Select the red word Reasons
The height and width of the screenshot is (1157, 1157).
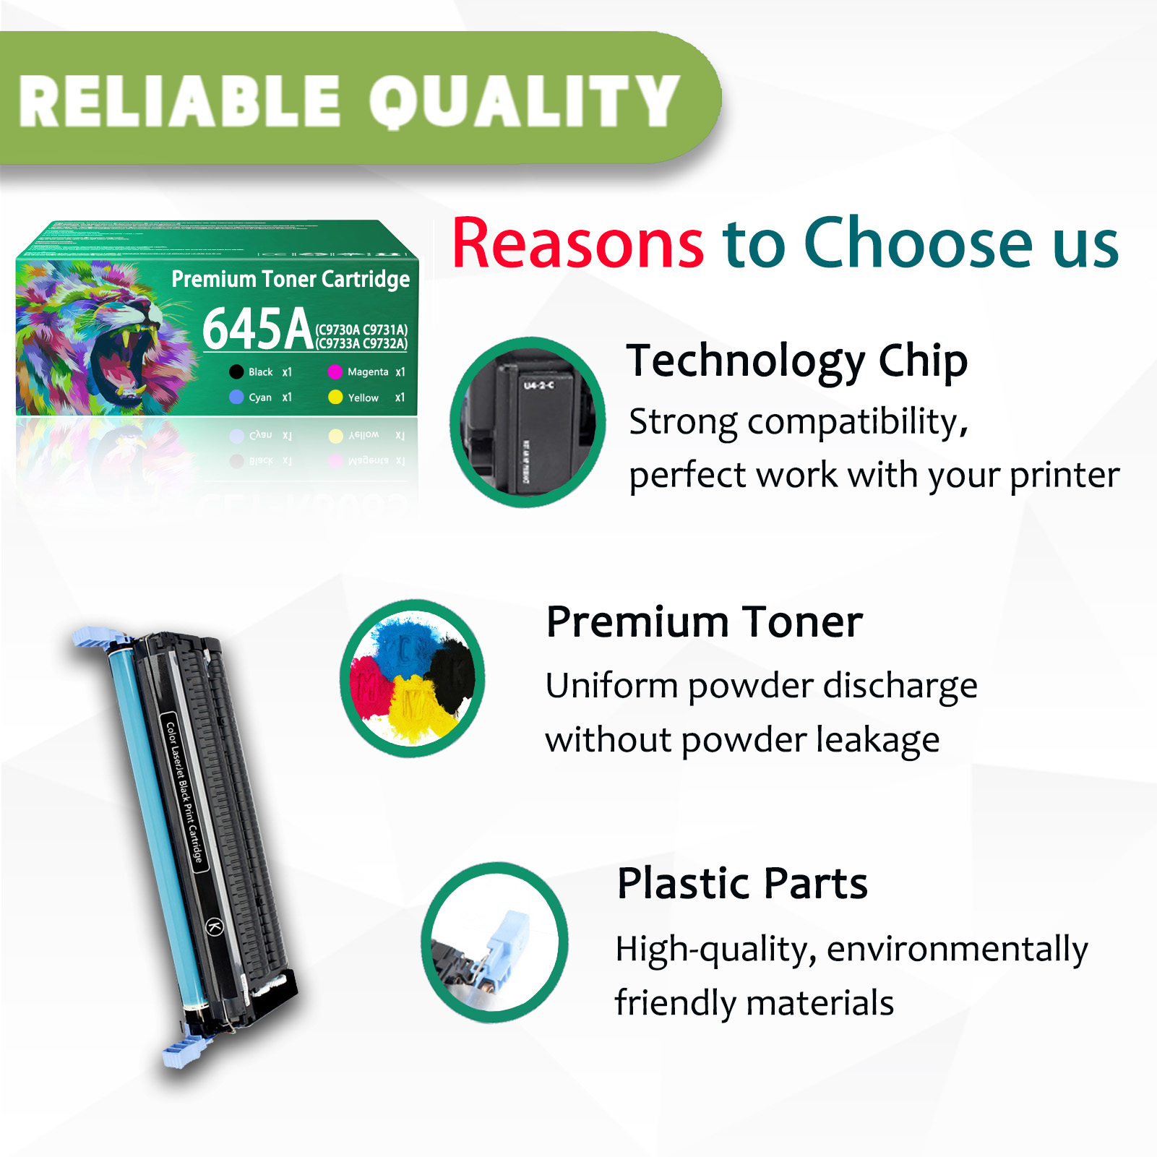577,244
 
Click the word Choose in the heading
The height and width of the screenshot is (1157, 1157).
919,244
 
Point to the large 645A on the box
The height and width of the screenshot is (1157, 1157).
257,329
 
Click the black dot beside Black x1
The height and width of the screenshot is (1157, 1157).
236,372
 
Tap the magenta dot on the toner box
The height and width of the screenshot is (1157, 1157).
335,372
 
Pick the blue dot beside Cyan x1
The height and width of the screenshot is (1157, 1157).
236,397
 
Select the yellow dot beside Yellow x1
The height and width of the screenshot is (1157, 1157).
335,397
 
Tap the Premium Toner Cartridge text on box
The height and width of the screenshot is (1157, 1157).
291,279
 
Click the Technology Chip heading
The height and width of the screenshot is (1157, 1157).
796,361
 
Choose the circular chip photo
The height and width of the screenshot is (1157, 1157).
528,422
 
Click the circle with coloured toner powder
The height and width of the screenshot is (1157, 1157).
413,678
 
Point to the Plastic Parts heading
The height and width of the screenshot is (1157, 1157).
742,883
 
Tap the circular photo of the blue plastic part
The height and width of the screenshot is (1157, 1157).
495,942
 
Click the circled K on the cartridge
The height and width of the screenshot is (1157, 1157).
215,926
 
